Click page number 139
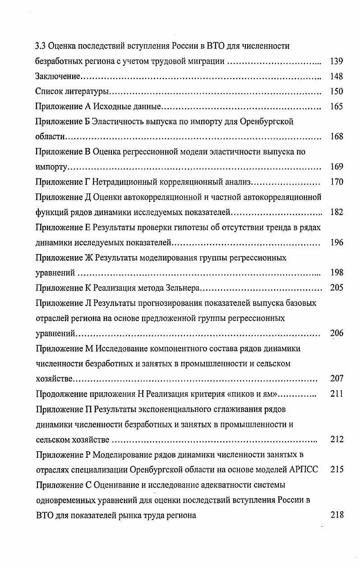pyautogui.click(x=337, y=61)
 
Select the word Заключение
pyautogui.click(x=58, y=76)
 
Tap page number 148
pyautogui.click(x=337, y=76)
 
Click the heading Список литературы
pyautogui.click(x=72, y=92)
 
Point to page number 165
pyautogui.click(x=337, y=107)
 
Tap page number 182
pyautogui.click(x=337, y=212)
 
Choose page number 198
pyautogui.click(x=337, y=273)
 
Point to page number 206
pyautogui.click(x=337, y=334)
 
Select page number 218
pyautogui.click(x=337, y=515)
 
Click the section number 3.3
pyautogui.click(x=40, y=46)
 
